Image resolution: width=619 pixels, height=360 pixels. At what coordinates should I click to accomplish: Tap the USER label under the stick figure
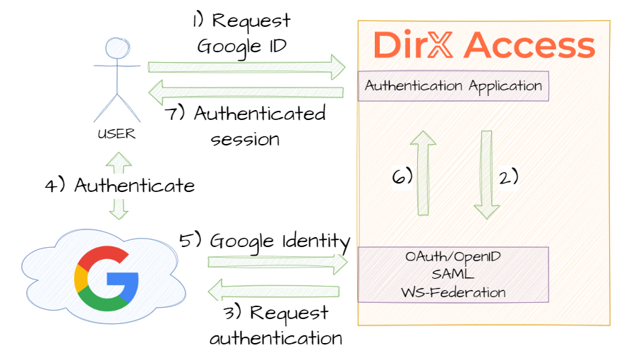[116, 132]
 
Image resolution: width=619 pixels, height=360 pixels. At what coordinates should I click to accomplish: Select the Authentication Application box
[453, 86]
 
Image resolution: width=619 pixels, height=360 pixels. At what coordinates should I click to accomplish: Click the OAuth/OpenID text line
[453, 258]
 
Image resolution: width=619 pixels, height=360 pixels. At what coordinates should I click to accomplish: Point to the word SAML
[453, 275]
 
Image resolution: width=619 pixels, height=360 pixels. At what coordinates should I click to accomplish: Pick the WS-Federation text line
[453, 292]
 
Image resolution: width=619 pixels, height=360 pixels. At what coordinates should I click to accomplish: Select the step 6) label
[402, 176]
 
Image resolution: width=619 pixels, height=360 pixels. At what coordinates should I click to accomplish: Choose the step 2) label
[507, 176]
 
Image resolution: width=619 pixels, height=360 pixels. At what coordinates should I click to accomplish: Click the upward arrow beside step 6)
[424, 173]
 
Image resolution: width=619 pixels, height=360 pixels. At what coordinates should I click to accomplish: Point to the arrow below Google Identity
[278, 263]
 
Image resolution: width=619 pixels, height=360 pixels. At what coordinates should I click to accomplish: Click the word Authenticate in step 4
[134, 186]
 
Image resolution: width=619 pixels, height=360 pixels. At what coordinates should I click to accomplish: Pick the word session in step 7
[246, 138]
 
